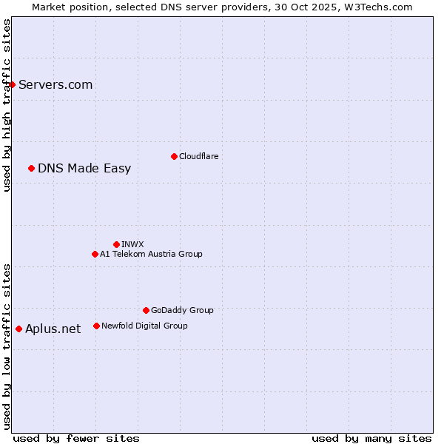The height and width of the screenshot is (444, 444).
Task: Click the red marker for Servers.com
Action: (12, 84)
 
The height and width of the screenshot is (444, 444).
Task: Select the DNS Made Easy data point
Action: (31, 168)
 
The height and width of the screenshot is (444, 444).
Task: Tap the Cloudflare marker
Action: (174, 156)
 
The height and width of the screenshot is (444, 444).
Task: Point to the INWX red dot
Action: (116, 244)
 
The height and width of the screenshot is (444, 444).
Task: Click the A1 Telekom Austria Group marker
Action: (95, 254)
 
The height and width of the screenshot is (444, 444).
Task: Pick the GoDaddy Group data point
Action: (146, 310)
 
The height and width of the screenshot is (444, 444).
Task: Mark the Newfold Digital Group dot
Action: (96, 326)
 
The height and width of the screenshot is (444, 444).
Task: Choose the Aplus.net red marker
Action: (18, 329)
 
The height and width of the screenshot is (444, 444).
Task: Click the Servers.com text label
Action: (55, 84)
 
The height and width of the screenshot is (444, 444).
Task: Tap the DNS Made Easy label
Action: (84, 168)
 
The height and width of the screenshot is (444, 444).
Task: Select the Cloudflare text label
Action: (198, 156)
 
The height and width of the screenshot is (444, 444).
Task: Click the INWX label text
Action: (132, 244)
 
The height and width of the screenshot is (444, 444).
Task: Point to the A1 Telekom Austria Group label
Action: (151, 254)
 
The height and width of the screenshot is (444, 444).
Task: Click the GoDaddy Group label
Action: (182, 310)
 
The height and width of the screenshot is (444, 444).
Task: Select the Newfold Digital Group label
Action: (144, 326)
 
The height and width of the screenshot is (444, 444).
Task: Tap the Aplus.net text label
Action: (53, 329)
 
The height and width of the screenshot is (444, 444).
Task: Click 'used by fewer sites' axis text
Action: (76, 438)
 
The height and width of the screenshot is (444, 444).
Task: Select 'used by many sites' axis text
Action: (371, 438)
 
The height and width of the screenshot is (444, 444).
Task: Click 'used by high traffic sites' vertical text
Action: (7, 105)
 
